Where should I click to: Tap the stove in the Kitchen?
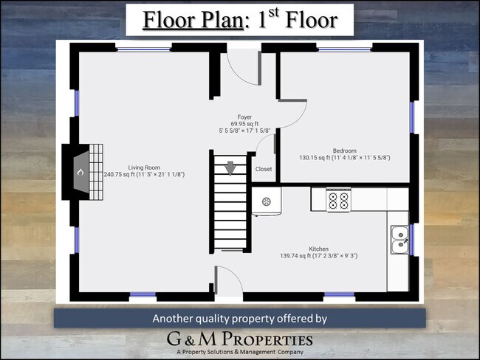(338, 199)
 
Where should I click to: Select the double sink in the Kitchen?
(398, 238)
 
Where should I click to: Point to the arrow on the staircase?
(230, 168)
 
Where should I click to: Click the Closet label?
(263, 170)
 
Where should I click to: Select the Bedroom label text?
(344, 150)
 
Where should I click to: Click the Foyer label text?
(244, 117)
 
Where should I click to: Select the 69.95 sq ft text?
(244, 123)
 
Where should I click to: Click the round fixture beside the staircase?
(267, 201)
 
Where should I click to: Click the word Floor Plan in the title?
(192, 19)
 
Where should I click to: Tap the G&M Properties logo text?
(239, 340)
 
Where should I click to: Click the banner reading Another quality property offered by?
(239, 319)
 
